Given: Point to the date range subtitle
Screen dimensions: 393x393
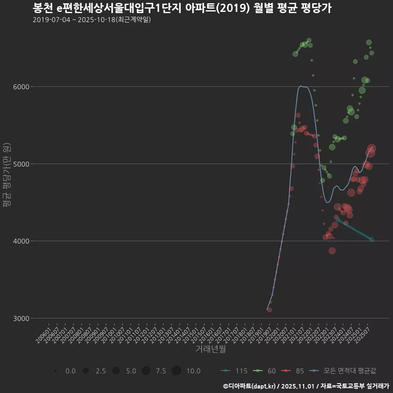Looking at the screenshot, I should pos(92,20).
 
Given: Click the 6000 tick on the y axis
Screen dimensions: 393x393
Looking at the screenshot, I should pos(20,87).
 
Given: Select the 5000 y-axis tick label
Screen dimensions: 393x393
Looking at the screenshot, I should pos(20,164).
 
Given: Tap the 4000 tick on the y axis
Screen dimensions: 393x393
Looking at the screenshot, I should pos(20,241).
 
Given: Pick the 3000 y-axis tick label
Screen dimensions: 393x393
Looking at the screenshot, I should pos(20,318).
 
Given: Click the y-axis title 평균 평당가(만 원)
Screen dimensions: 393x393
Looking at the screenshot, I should pos(7,176).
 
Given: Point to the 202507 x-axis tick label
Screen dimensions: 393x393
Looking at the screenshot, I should pos(364,333).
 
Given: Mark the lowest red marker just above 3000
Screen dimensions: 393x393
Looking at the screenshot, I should pos(269,310).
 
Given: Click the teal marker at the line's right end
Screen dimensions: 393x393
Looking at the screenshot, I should pos(372,239).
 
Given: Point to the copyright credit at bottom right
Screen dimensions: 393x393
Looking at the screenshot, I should pos(306,386).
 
